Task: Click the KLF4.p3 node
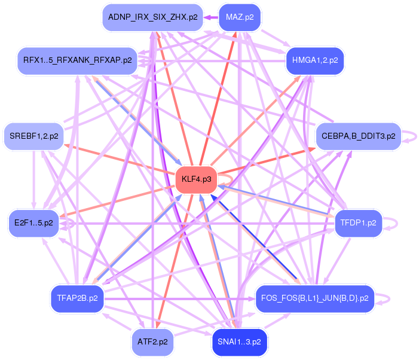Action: [x=196, y=179]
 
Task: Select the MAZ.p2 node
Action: [x=240, y=17]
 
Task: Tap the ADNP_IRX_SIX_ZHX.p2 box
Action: [x=152, y=17]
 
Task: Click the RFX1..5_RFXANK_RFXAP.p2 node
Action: [x=78, y=60]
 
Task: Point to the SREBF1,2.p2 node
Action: [x=34, y=136]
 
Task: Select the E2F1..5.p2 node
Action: [x=34, y=223]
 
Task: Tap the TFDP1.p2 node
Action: [x=358, y=223]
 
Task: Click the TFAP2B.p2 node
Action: [x=78, y=297]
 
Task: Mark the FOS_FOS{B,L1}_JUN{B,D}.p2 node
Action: [x=314, y=297]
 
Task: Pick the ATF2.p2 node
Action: [x=152, y=343]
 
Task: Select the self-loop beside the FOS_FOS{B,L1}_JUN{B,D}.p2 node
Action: [x=388, y=297]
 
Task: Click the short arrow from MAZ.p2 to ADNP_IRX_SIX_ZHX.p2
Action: [x=210, y=17]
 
